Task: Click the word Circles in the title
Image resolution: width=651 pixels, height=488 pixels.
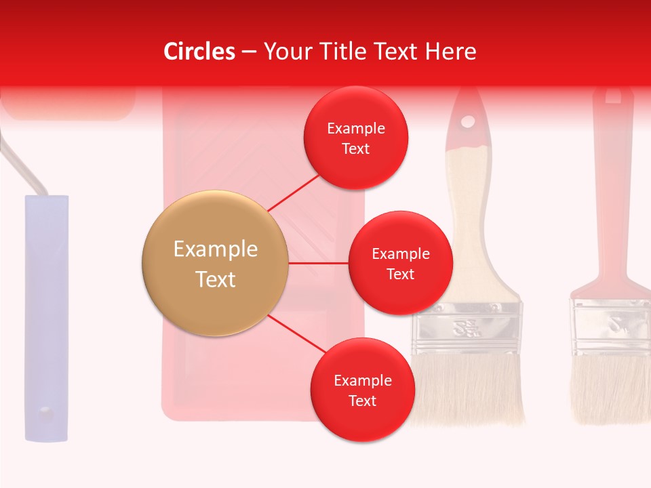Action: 199,52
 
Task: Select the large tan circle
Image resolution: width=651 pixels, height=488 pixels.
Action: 215,263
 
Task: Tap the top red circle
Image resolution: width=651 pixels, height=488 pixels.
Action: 355,138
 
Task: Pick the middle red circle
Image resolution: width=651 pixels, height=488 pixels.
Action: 400,263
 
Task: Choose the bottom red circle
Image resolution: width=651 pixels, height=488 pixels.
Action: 362,390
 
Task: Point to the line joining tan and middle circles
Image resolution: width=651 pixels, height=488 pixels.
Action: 319,263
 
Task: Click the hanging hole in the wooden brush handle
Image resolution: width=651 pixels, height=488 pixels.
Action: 468,122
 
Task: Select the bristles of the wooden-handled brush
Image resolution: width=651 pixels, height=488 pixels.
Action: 468,390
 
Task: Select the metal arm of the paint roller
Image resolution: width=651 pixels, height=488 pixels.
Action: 24,166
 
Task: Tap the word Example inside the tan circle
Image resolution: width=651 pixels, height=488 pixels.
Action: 215,249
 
